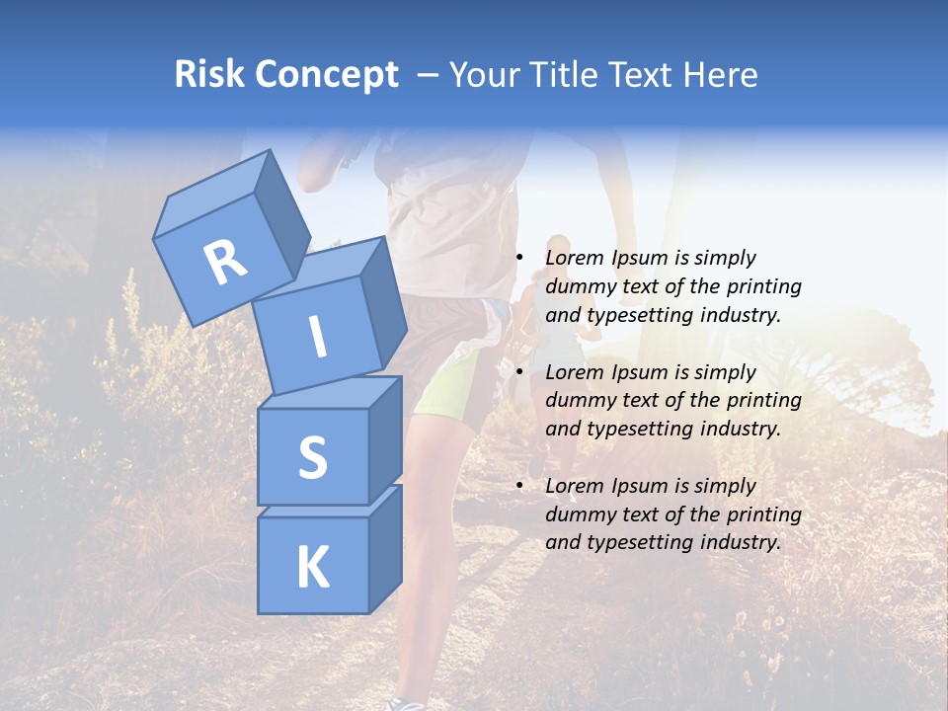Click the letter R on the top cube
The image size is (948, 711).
click(x=225, y=263)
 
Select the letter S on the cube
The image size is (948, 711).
click(x=312, y=457)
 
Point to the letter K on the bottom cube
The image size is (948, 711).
click(x=312, y=568)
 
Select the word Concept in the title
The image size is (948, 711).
click(x=326, y=76)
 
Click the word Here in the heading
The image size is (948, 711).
click(x=721, y=74)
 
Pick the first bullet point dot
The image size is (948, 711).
click(x=519, y=259)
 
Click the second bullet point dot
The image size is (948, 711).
click(x=519, y=372)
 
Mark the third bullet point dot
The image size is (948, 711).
click(x=519, y=486)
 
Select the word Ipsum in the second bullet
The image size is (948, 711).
click(x=639, y=372)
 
